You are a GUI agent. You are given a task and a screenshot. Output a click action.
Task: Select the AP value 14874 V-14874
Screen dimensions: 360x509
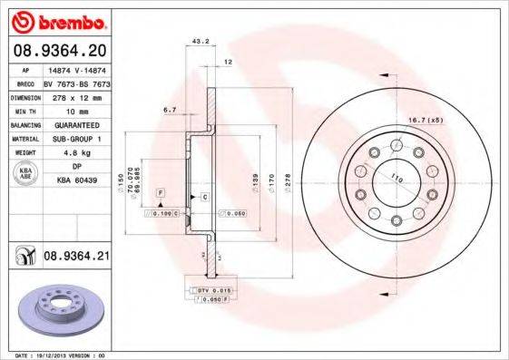click(76, 69)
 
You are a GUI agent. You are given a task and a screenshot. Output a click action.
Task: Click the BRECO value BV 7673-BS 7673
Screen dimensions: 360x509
click(77, 82)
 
